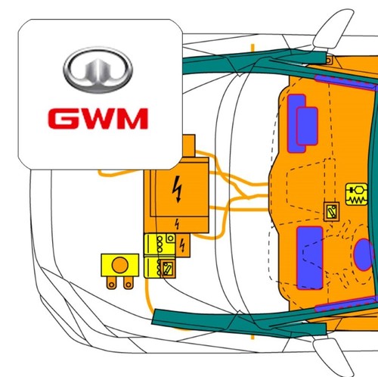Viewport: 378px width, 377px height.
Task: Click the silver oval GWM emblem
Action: point(98,70)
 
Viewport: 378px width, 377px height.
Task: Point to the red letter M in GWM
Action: point(132,119)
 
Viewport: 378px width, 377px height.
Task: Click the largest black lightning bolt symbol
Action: point(178,189)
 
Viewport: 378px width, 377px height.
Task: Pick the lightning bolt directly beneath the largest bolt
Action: point(178,224)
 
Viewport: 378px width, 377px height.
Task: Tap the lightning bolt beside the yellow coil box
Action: point(182,245)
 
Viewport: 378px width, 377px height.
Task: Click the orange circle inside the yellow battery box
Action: point(120,265)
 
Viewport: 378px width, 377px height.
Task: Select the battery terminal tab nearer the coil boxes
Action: point(129,282)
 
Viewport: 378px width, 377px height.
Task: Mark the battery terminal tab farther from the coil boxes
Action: point(111,282)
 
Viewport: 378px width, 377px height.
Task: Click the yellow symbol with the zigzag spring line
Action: point(357,195)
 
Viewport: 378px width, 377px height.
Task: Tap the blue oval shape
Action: point(364,254)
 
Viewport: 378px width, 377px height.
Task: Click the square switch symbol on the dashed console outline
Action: point(331,211)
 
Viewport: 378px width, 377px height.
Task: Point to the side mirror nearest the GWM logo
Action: point(333,28)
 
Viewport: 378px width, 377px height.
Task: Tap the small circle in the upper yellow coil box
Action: point(171,238)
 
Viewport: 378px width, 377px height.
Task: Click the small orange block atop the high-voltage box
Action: point(188,145)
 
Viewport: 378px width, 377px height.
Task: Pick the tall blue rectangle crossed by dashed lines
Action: point(310,258)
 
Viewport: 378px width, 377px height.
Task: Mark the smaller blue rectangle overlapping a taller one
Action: point(307,126)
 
